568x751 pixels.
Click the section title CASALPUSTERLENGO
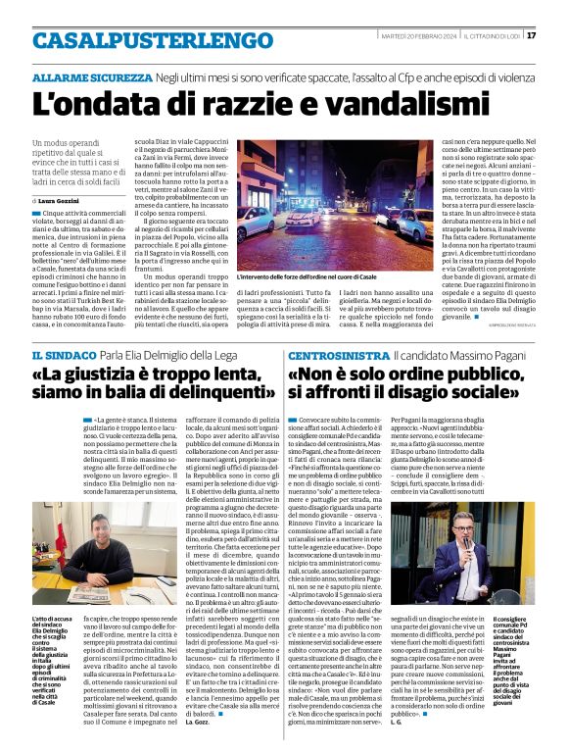153,40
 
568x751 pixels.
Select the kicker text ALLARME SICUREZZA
91,76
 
